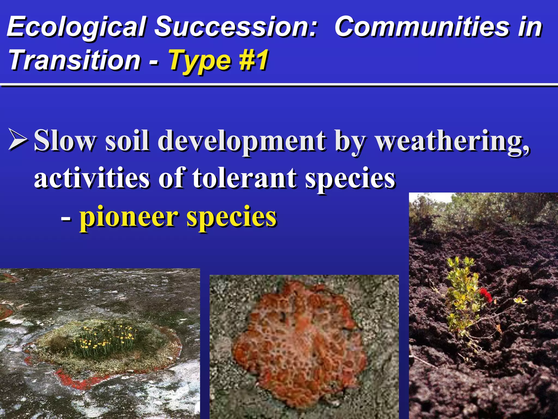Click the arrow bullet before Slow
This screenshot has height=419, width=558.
coord(18,140)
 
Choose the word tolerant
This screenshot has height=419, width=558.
coord(244,178)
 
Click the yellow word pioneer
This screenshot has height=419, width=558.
coord(128,217)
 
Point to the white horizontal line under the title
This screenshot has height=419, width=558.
coord(279,85)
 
